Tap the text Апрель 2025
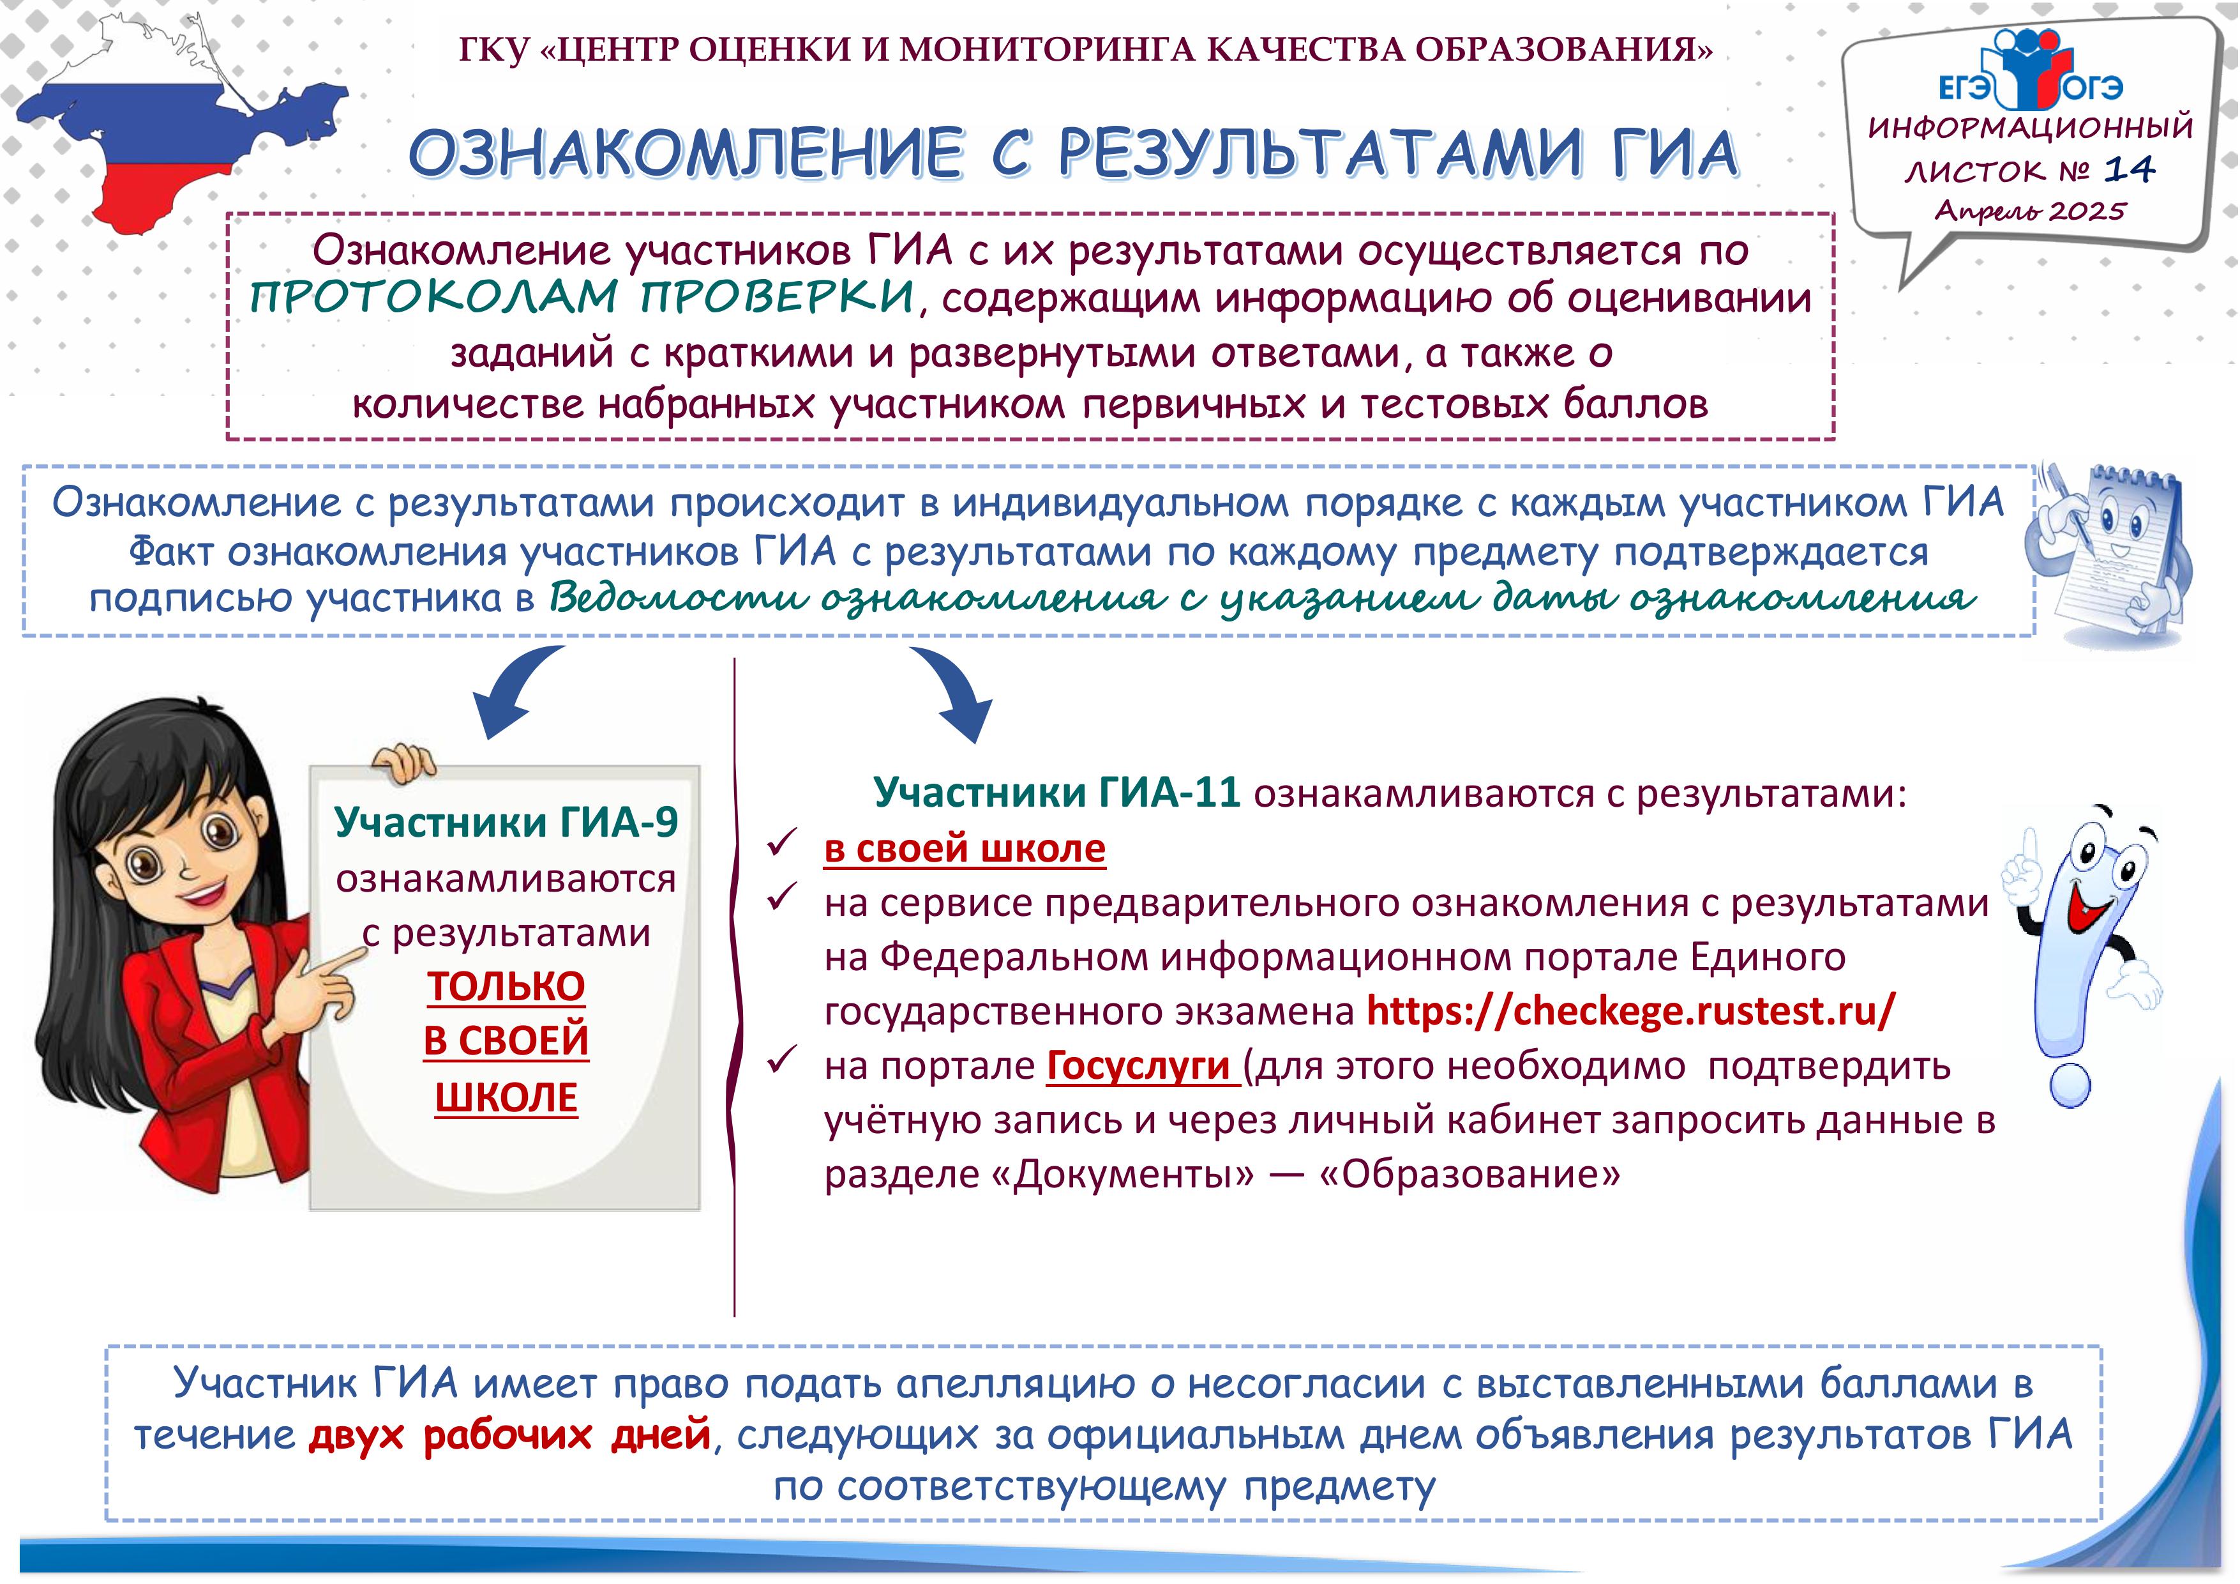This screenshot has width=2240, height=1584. click(x=2030, y=210)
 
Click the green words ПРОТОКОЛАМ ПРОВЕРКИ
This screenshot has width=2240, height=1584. click(x=582, y=296)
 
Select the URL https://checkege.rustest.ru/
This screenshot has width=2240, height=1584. click(x=1630, y=1010)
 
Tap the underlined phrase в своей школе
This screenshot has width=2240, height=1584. click(x=965, y=848)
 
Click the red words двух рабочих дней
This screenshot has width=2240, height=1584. click(x=509, y=1434)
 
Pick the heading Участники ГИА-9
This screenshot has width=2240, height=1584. click(x=506, y=822)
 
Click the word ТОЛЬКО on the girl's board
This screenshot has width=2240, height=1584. click(x=506, y=986)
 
